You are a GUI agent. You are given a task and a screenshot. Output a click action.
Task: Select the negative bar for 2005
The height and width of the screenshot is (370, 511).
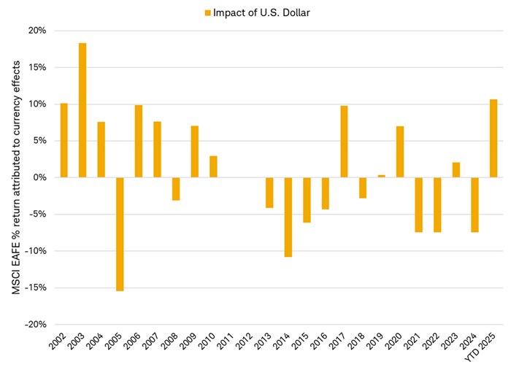pyautogui.click(x=120, y=234)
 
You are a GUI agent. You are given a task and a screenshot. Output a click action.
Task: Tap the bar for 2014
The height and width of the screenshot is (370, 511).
pyautogui.click(x=288, y=217)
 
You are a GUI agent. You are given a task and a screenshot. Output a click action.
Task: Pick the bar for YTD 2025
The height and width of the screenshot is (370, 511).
pyautogui.click(x=493, y=138)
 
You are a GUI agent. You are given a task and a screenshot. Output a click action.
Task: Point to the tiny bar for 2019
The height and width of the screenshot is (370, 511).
pyautogui.click(x=381, y=176)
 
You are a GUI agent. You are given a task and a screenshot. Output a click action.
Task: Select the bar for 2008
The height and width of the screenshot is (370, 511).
pyautogui.click(x=176, y=188)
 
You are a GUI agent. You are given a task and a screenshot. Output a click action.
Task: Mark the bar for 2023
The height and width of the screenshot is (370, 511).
pyautogui.click(x=456, y=170)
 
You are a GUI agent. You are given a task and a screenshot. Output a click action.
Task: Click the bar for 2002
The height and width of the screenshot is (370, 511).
pyautogui.click(x=64, y=140)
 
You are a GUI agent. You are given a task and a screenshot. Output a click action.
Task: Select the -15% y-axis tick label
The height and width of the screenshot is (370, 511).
pyautogui.click(x=35, y=288)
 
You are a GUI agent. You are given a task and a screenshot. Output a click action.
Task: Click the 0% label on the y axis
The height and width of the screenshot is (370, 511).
pyautogui.click(x=39, y=177)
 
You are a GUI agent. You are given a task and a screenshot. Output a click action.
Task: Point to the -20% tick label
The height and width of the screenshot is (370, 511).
pyautogui.click(x=34, y=324)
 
